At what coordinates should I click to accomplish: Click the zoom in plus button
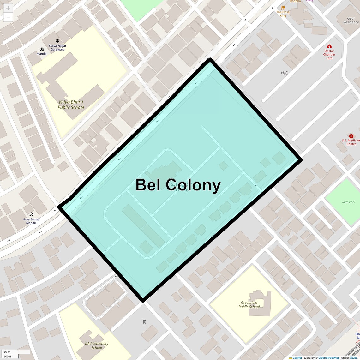pos(8,8)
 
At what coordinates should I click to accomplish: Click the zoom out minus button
pos(8,17)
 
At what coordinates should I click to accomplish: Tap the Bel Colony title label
pos(178,185)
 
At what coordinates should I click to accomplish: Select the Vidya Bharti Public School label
pos(71,105)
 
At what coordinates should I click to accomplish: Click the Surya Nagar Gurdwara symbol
pos(57,41)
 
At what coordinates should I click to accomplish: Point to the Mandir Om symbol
pos(41,49)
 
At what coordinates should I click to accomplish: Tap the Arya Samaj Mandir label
pos(31,221)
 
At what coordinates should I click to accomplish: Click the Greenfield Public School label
pos(249,304)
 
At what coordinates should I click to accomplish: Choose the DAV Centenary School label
pos(97,345)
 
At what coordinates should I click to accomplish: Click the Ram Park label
pos(349,202)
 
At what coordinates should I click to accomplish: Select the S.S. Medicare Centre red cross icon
pos(351,136)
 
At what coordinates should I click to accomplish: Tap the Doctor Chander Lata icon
pos(329,46)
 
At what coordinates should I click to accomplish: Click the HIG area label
pos(285,73)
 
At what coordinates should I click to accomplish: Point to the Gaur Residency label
pos(351,20)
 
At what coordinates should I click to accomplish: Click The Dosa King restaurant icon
pos(283,8)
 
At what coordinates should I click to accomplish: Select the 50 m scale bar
pos(16,352)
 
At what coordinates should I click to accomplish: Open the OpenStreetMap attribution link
pos(329,358)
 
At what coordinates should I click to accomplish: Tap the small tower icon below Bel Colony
pos(144,321)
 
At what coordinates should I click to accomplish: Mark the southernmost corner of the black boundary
pos(143,301)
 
